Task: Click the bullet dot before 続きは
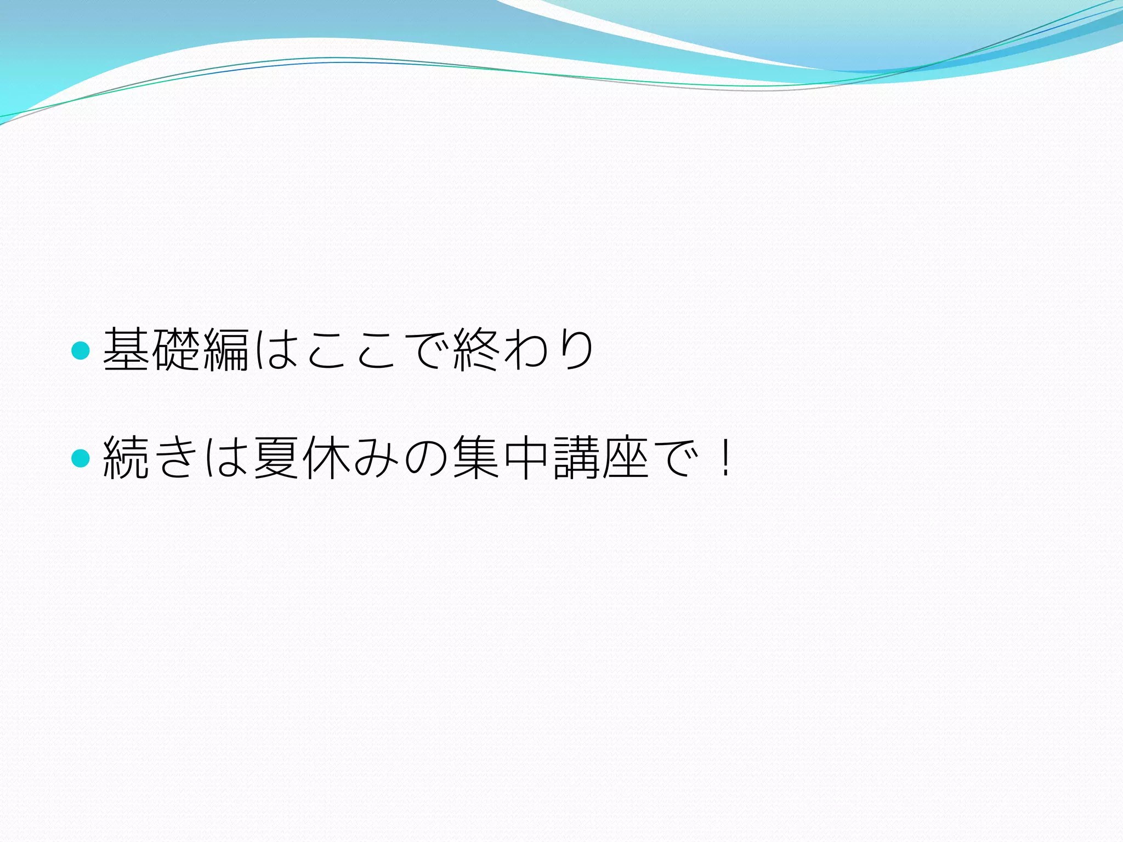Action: click(81, 458)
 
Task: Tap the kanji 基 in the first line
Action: click(127, 350)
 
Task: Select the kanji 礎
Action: click(176, 350)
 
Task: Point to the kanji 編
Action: click(226, 350)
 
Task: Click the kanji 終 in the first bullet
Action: click(475, 350)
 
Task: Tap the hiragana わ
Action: click(525, 350)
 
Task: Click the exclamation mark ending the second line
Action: click(725, 458)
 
